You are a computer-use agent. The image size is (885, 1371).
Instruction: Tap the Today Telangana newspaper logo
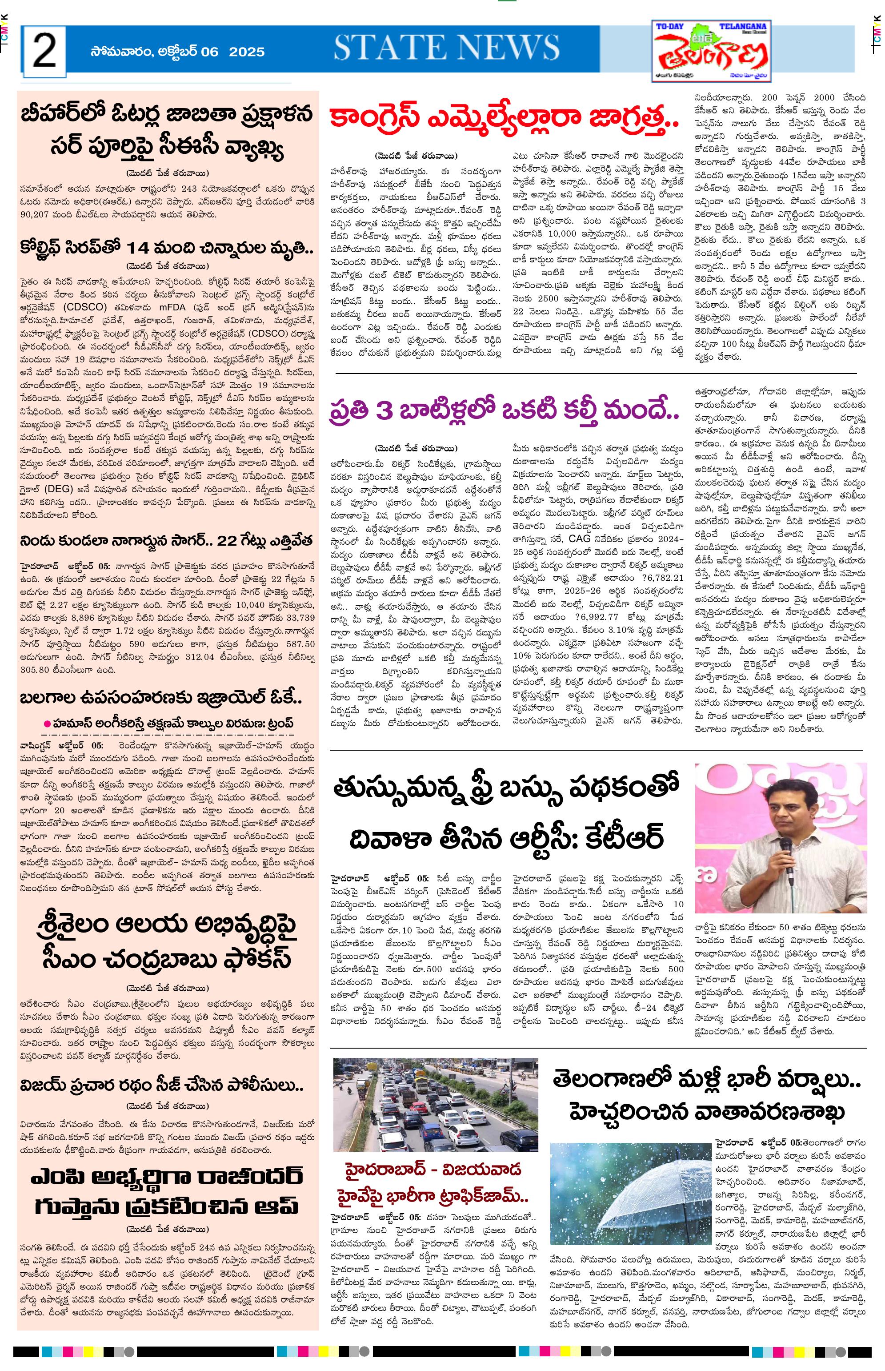point(713,52)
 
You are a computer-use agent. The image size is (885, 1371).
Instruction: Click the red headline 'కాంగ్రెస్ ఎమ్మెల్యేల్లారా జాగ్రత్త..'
point(504,119)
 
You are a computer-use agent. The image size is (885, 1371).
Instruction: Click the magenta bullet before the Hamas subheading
point(48,723)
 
